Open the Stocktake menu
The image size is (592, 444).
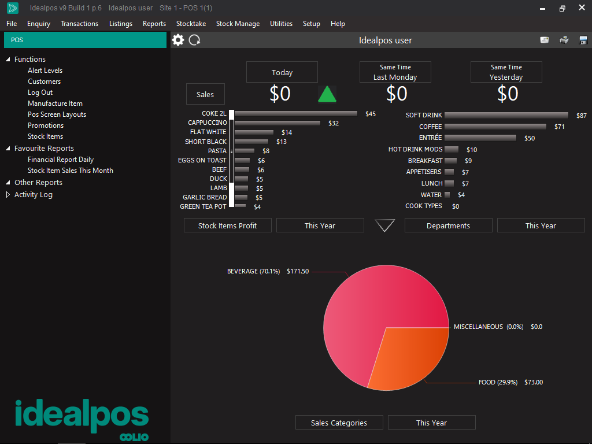(191, 24)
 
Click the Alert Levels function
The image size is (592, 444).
(45, 71)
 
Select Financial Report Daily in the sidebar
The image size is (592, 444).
(61, 160)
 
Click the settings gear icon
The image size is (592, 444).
(178, 40)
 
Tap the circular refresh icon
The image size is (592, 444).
(195, 40)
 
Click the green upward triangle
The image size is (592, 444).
(327, 94)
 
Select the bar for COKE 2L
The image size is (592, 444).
(295, 114)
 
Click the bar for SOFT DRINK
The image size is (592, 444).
(506, 116)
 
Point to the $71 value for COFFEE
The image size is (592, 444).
(559, 127)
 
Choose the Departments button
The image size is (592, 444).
(448, 225)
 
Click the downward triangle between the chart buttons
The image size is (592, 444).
(385, 225)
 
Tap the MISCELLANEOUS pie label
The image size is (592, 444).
(478, 327)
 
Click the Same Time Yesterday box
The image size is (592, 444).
(506, 72)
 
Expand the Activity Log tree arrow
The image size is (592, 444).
(8, 195)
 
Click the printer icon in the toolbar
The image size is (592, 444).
(564, 40)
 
